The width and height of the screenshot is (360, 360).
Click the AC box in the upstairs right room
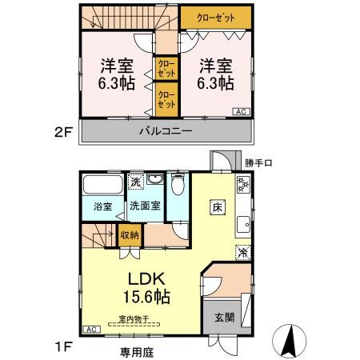(241, 111)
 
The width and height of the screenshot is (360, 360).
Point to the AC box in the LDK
(90, 329)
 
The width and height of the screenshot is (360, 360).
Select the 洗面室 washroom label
(146, 206)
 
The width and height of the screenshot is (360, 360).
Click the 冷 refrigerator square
(242, 252)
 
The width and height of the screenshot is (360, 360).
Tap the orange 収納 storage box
(130, 235)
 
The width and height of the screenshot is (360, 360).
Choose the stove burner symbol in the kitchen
(242, 186)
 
